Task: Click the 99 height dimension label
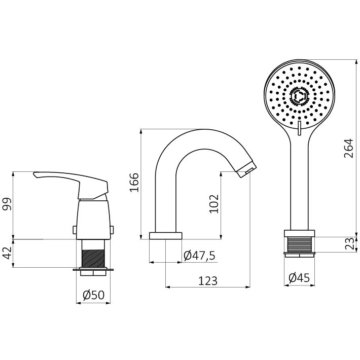point(7,204)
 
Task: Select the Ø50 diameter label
point(93,295)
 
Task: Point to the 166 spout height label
point(134,183)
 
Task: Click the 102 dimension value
point(214,204)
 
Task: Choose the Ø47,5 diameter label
point(199,255)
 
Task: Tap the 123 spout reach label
point(207,280)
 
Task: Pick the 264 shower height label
point(348,148)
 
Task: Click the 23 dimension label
point(349,244)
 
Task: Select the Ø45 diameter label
point(299,278)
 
